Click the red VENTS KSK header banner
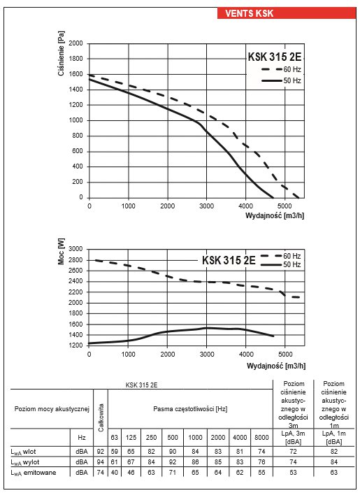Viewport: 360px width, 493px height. click(x=287, y=13)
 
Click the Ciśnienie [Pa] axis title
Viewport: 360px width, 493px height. click(x=61, y=53)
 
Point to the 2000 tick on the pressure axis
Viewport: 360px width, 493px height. click(x=75, y=43)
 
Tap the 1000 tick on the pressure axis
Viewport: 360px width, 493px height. click(x=75, y=120)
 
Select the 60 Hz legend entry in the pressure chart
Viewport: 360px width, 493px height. click(x=281, y=69)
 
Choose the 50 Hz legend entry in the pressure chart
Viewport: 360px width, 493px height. click(x=281, y=80)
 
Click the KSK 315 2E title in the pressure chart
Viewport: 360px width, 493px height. click(x=275, y=57)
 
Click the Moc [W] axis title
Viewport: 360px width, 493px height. click(x=61, y=252)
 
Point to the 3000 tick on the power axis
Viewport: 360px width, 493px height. click(x=75, y=249)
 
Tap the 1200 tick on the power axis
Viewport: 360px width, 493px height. click(x=75, y=345)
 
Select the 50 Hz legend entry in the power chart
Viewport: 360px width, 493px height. click(x=281, y=265)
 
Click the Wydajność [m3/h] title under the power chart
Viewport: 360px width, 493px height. click(x=275, y=366)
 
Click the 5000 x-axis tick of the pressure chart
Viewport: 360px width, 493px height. click(x=285, y=206)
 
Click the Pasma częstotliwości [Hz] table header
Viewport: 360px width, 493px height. click(x=190, y=409)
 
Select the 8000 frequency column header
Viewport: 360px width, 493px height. click(x=261, y=437)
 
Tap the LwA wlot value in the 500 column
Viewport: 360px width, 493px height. click(x=172, y=452)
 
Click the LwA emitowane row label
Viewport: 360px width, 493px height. click(x=34, y=473)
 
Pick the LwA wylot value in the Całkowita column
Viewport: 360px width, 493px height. click(x=100, y=462)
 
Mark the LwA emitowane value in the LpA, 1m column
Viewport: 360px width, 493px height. click(x=334, y=472)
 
